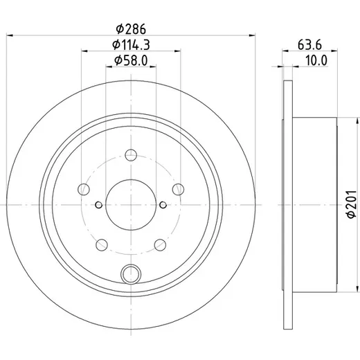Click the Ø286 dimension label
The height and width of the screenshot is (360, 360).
(x=131, y=29)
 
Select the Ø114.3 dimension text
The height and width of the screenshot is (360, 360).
(x=131, y=44)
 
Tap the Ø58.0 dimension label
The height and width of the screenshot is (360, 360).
(x=131, y=60)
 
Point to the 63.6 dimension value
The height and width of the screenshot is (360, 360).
(x=309, y=44)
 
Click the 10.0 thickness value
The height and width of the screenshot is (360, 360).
(x=316, y=60)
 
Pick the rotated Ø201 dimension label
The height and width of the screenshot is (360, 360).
(x=352, y=204)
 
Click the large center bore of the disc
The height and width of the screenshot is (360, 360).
(x=131, y=205)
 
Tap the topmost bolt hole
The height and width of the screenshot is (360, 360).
(x=131, y=155)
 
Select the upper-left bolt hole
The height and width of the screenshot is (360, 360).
(x=84, y=190)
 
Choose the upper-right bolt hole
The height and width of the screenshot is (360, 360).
(x=178, y=190)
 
